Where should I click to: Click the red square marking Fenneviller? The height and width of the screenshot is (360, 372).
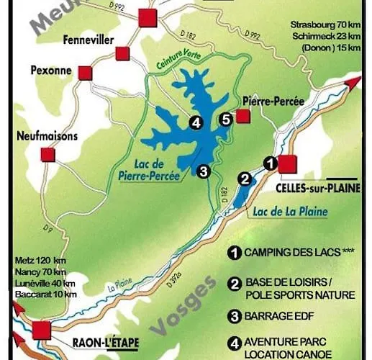122,53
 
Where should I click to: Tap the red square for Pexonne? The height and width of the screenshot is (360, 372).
86,73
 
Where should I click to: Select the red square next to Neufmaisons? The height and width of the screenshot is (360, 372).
48,154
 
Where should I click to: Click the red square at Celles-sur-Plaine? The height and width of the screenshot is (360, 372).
288,164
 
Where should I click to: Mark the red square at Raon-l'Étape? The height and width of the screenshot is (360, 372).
42,330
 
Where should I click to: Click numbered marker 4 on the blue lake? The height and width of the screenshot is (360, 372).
195,122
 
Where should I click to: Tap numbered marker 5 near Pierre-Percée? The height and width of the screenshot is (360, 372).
225,120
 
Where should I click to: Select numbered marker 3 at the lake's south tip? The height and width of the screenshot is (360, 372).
204,171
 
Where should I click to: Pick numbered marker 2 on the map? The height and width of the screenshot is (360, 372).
245,179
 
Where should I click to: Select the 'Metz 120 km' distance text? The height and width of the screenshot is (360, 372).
40,260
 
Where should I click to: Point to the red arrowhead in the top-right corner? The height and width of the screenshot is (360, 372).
352,82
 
